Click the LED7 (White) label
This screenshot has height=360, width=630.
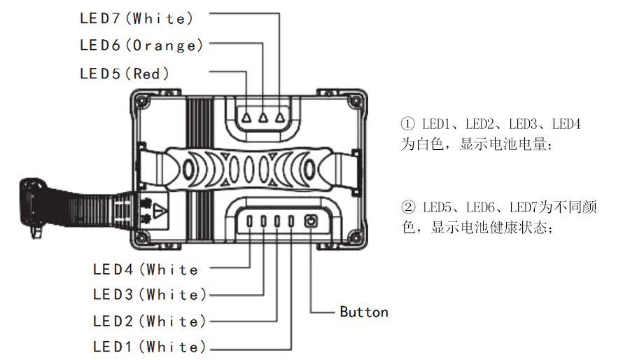136,18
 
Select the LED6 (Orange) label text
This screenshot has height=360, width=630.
141,46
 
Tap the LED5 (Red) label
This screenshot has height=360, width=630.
125,73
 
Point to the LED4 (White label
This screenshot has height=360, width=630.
146,269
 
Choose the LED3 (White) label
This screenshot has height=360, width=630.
150,294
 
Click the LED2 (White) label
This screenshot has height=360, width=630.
150,321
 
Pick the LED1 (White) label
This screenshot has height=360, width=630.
150,347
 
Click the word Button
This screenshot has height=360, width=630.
364,312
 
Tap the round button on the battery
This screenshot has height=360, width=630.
310,222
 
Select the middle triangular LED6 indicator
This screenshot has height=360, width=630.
264,118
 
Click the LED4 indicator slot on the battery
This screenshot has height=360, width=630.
251,222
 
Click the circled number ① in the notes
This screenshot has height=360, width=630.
408,125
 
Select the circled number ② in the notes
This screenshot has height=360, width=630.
408,208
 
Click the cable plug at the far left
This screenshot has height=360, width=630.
31,203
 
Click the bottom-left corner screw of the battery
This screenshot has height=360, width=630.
143,237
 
